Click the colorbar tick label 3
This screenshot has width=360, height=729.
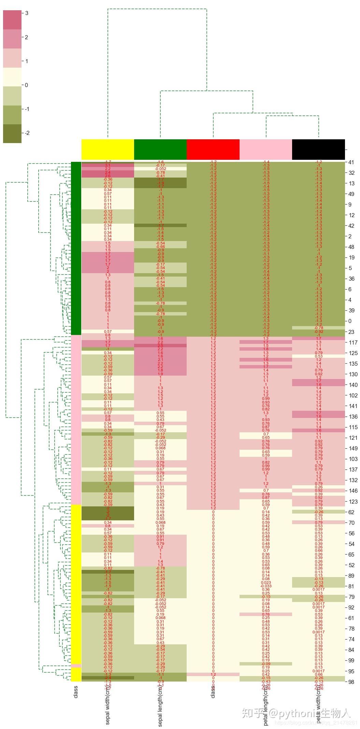pyautogui.click(x=27, y=13)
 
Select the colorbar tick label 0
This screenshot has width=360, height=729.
pyautogui.click(x=27, y=85)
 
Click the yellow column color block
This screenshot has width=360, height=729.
pyautogui.click(x=108, y=150)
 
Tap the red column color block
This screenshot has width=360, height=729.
pyautogui.click(x=213, y=150)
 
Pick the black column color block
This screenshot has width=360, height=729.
pyautogui.click(x=318, y=150)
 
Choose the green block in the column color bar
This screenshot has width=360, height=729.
pyautogui.click(x=160, y=150)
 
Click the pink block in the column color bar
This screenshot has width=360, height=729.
pyautogui.click(x=266, y=150)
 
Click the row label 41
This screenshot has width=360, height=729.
pyautogui.click(x=351, y=163)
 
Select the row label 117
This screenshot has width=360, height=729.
pyautogui.click(x=353, y=342)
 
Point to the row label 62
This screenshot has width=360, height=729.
pyautogui.click(x=351, y=512)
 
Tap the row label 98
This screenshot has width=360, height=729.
pyautogui.click(x=351, y=682)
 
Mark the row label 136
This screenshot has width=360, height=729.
pyautogui.click(x=353, y=417)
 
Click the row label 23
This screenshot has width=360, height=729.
pyautogui.click(x=351, y=332)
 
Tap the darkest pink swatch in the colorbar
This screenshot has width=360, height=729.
pyautogui.click(x=12, y=20)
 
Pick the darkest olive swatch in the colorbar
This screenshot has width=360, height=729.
pyautogui.click(x=12, y=134)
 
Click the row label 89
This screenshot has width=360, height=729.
pyautogui.click(x=351, y=576)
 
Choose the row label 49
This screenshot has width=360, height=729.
pyautogui.click(x=351, y=194)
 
